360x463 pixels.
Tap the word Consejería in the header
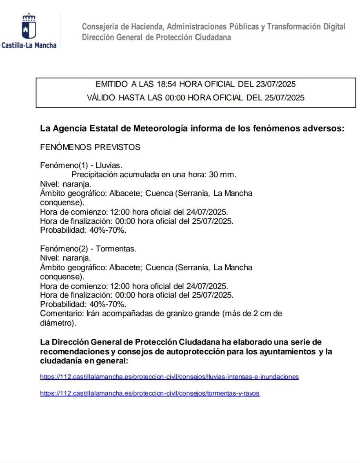click(99, 27)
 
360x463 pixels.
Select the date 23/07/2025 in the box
click(276, 85)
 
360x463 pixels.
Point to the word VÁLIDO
click(101, 98)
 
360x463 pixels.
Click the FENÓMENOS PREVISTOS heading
click(90, 147)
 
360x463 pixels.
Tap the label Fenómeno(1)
click(64, 165)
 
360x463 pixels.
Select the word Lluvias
click(109, 165)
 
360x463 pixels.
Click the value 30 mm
click(222, 175)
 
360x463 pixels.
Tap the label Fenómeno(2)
click(64, 249)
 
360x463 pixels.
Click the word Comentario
click(62, 314)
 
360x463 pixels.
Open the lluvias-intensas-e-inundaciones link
click(169, 377)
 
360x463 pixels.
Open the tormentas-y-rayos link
click(150, 394)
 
